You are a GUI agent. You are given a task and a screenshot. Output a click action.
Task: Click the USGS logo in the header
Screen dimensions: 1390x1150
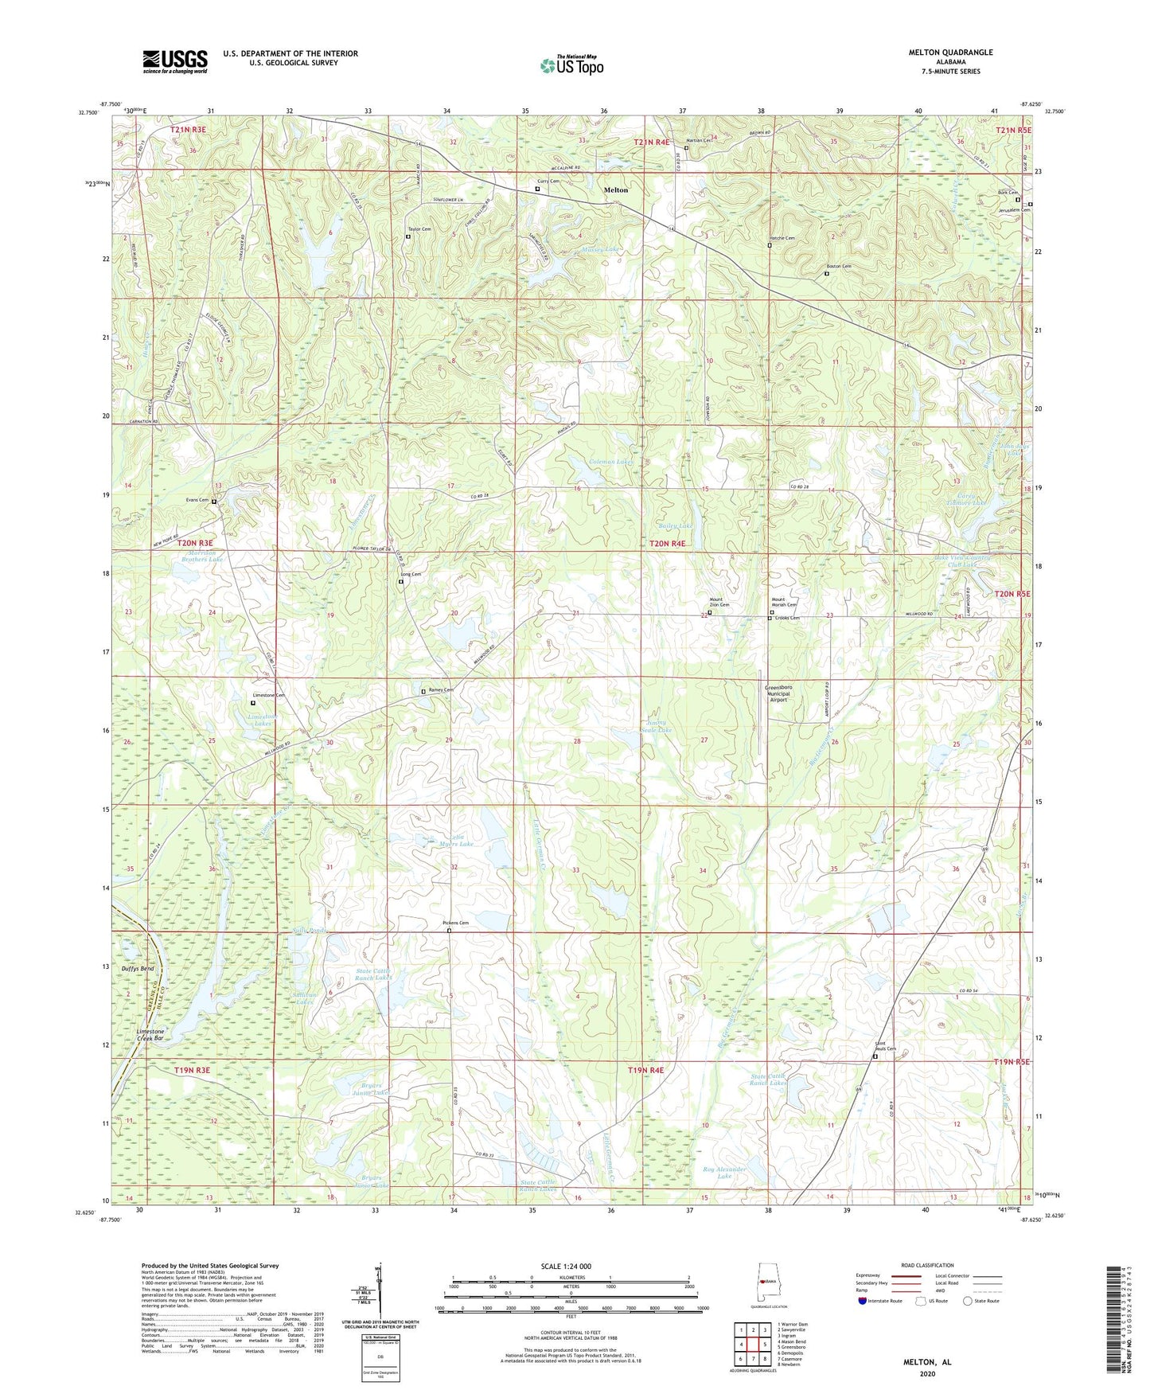pyautogui.click(x=175, y=61)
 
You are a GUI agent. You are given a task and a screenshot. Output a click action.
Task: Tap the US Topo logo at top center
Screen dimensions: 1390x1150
pyautogui.click(x=571, y=65)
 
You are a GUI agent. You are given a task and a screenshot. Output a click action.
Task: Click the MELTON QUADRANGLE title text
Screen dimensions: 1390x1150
pyautogui.click(x=950, y=53)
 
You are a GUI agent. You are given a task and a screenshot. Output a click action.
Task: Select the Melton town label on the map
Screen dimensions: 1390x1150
pyautogui.click(x=615, y=190)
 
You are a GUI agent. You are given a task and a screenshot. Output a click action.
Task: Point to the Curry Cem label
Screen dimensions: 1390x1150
pyautogui.click(x=549, y=182)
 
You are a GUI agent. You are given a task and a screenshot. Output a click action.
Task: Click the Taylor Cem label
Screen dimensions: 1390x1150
pyautogui.click(x=419, y=229)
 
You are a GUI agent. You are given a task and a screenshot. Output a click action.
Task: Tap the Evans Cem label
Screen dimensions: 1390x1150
pyautogui.click(x=197, y=500)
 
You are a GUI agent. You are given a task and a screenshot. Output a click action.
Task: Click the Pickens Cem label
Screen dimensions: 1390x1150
pyautogui.click(x=455, y=923)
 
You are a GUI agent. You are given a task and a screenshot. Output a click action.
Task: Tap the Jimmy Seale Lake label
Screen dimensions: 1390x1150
pyautogui.click(x=656, y=726)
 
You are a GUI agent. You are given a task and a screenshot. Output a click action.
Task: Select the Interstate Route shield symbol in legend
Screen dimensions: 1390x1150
pyautogui.click(x=863, y=1301)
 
